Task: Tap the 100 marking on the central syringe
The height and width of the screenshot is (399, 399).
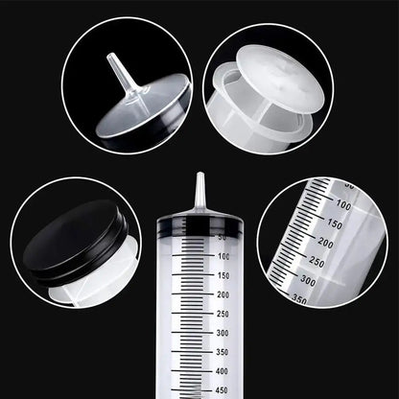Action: click(x=223, y=257)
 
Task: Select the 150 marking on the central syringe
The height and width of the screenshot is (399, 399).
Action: click(x=223, y=275)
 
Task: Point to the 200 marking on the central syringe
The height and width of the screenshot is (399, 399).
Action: click(x=223, y=294)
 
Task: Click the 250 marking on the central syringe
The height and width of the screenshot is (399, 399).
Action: click(x=223, y=314)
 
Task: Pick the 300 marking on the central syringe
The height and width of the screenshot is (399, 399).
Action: click(x=223, y=333)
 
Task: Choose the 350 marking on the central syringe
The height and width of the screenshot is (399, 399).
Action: click(x=223, y=352)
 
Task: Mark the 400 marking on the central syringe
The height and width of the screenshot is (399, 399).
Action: click(x=223, y=371)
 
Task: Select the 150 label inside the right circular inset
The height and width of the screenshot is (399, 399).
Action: click(x=333, y=224)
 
